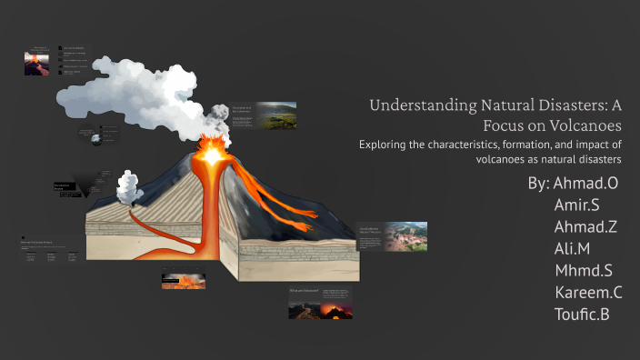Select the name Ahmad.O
[x=586, y=184]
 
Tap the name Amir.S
[x=576, y=205]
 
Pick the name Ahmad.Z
[x=585, y=227]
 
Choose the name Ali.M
[x=572, y=249]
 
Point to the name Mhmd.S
[x=583, y=271]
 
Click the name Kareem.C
[x=588, y=293]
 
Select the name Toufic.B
[x=581, y=315]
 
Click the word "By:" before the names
[x=538, y=184]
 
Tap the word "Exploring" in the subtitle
[x=386, y=144]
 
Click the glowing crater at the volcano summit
[x=212, y=155]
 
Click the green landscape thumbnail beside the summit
[x=275, y=115]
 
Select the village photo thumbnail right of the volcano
[x=405, y=236]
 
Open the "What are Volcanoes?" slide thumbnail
[x=321, y=304]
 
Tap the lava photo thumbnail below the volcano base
[x=183, y=281]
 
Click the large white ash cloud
[x=136, y=86]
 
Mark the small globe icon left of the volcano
[x=95, y=138]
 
